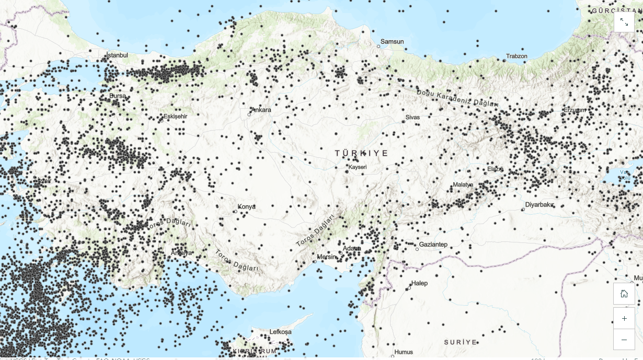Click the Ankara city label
coord(261,110)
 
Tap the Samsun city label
coord(392,42)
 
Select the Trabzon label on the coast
coord(516,56)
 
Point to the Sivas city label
coord(412,118)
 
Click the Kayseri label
coord(358,167)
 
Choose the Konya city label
coord(247,207)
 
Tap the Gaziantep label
coord(433,245)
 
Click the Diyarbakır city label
coord(539,205)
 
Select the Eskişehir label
coord(175,116)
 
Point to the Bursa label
coord(118,96)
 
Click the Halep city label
coord(419,284)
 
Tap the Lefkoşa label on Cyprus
coord(281,332)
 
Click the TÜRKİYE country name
coord(362,153)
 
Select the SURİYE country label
coord(461,342)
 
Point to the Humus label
coord(404,352)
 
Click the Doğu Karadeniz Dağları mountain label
coord(457,98)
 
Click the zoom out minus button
coord(624,340)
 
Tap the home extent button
coord(624,294)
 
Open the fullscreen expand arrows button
coord(624,22)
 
